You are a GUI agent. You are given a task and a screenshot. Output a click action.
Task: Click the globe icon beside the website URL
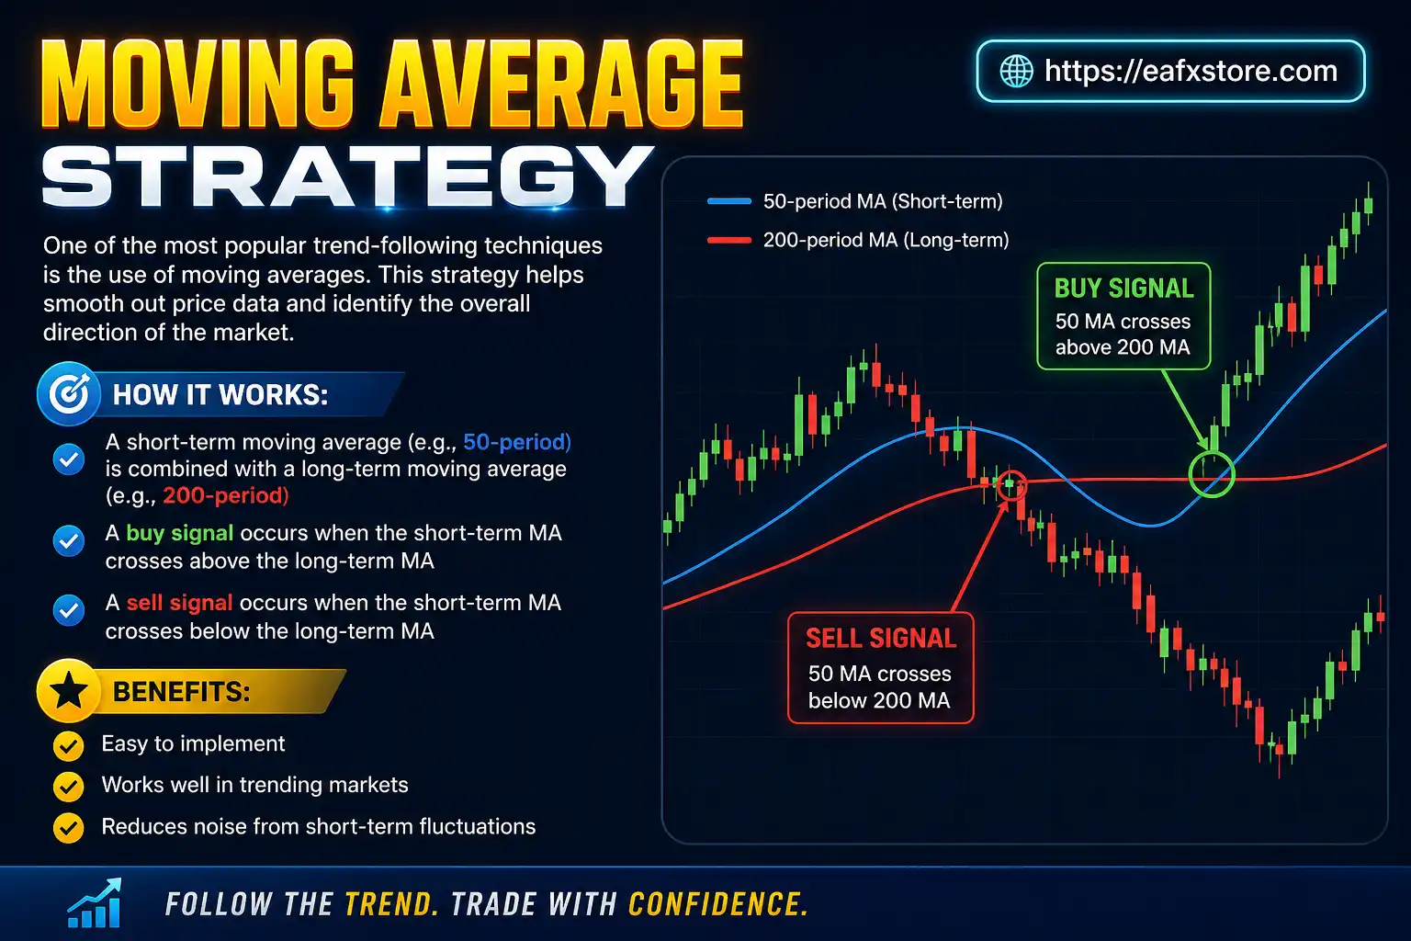(x=1016, y=71)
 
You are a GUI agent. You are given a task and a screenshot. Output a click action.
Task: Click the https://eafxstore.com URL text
(x=1191, y=71)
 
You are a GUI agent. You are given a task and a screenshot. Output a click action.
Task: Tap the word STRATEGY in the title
(x=346, y=177)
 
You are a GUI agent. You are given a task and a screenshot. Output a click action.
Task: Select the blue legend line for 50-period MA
(x=729, y=201)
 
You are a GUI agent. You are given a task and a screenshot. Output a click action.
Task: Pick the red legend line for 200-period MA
(x=729, y=240)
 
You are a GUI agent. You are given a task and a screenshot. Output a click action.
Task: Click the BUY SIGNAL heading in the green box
(x=1123, y=289)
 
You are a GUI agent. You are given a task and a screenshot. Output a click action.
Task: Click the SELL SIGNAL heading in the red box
(x=880, y=639)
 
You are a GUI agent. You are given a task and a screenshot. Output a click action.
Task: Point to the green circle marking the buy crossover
(x=1211, y=473)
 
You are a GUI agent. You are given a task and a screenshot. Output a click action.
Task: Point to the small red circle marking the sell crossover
(x=1010, y=483)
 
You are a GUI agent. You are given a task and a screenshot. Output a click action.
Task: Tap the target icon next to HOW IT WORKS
(x=69, y=394)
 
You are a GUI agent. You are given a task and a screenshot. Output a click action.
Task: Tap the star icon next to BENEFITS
(x=69, y=691)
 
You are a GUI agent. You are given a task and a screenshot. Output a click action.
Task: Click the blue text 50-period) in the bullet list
(x=516, y=442)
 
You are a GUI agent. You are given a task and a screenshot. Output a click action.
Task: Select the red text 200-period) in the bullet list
(x=225, y=496)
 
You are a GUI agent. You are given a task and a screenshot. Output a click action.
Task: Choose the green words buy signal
(x=179, y=533)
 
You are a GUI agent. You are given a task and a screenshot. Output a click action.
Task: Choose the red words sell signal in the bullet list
(x=179, y=603)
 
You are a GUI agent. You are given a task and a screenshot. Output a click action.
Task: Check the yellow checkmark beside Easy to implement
(x=68, y=745)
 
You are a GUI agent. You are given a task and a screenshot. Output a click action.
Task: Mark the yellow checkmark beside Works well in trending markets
(x=68, y=787)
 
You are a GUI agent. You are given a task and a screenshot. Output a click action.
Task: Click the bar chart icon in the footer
(x=95, y=903)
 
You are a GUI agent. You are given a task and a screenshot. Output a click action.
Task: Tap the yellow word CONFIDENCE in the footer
(x=717, y=904)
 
